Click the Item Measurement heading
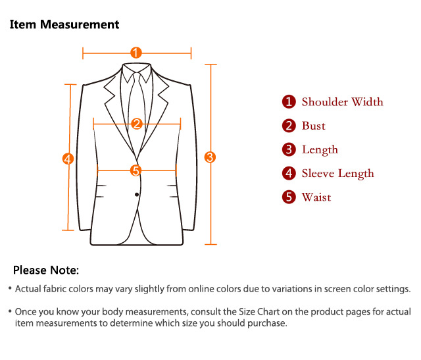tap(64, 25)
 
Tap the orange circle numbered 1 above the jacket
tap(136, 53)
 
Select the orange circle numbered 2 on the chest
tap(137, 124)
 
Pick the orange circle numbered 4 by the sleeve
tap(67, 159)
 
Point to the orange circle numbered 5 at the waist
tap(136, 170)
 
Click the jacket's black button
tap(137, 193)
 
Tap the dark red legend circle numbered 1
tap(289, 102)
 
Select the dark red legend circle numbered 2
tap(289, 126)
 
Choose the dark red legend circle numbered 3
tap(289, 149)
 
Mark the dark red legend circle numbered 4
tap(289, 173)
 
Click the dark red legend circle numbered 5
tap(289, 197)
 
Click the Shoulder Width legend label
tap(342, 102)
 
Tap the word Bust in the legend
tap(314, 126)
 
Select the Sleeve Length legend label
tap(337, 173)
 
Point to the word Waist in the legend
tap(316, 197)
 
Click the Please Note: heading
tap(46, 270)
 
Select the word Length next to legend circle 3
tap(320, 149)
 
